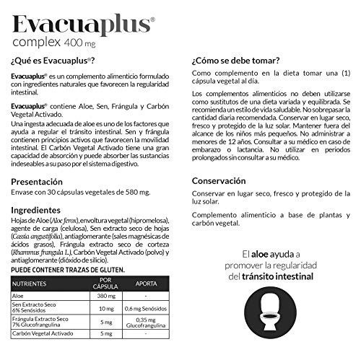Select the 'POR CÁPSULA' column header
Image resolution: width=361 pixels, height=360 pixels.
(107, 283)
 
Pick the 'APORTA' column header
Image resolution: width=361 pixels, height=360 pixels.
(148, 283)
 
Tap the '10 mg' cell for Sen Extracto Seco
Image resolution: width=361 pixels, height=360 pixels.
(107, 309)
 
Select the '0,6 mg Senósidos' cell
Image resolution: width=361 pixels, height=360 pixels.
(148, 309)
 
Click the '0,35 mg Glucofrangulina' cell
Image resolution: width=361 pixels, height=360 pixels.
(148, 325)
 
